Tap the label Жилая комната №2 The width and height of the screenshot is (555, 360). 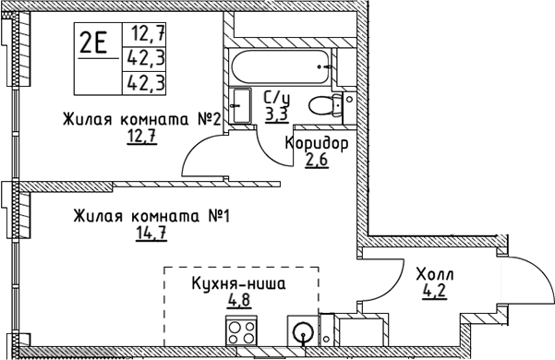point(140,119)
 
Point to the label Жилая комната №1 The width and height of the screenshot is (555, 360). point(151,217)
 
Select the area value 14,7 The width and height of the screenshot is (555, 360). point(150,235)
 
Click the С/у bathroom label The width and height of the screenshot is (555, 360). point(276,99)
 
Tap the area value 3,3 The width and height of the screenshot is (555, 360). point(276,114)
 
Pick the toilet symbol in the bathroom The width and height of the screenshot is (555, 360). point(324,105)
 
